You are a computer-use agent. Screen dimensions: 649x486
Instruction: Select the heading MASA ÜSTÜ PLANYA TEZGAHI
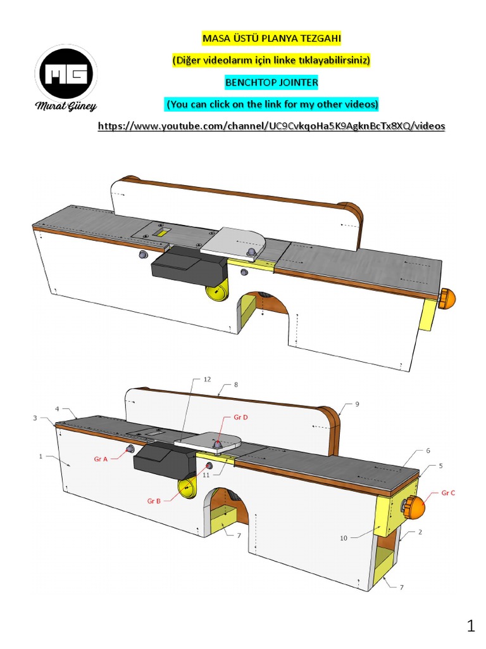tap(271, 39)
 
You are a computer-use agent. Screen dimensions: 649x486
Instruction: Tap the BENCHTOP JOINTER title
tap(271, 82)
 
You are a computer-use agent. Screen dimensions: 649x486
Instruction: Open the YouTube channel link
tap(271, 126)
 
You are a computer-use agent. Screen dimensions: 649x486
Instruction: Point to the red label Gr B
tap(154, 501)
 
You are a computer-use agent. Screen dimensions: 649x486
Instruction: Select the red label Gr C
tap(447, 492)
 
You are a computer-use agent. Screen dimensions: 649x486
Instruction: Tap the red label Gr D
tap(240, 418)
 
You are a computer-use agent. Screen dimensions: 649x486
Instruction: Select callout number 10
tap(344, 538)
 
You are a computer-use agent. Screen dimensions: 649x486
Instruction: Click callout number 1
tap(41, 456)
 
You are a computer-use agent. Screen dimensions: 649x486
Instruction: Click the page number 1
tap(470, 627)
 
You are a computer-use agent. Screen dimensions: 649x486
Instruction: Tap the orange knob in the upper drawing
tap(447, 298)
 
